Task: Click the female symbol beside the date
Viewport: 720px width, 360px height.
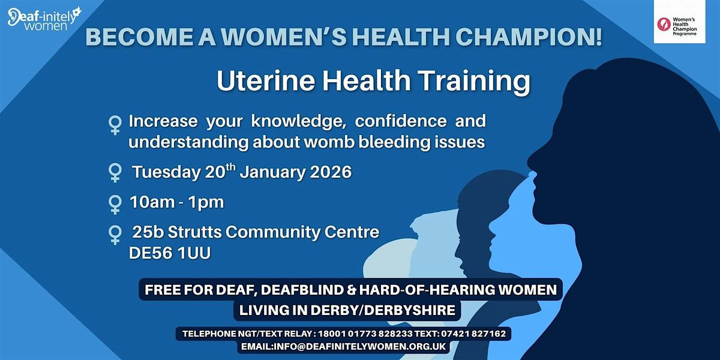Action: tap(115, 173)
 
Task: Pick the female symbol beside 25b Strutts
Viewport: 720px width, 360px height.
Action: tap(115, 234)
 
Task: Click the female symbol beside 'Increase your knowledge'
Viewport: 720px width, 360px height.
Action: tap(115, 124)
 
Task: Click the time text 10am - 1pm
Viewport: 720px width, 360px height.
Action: tap(176, 202)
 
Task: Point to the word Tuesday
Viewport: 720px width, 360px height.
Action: tap(165, 172)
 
